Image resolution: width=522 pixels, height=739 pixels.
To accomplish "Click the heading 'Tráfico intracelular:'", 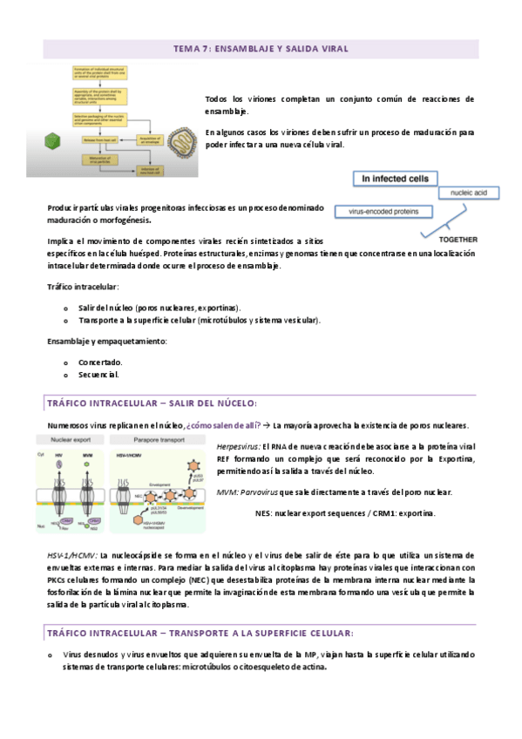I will pyautogui.click(x=83, y=287).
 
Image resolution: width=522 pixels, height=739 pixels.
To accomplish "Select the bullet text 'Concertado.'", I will pyautogui.click(x=100, y=362).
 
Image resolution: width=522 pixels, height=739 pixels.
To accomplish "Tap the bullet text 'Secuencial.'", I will pyautogui.click(x=98, y=375).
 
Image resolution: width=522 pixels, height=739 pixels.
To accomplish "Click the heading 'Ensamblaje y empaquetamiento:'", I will pyautogui.click(x=106, y=341).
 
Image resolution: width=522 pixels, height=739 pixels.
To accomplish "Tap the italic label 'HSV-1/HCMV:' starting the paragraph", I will pyautogui.click(x=72, y=555).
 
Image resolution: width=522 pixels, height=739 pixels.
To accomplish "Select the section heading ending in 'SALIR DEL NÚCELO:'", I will pyautogui.click(x=152, y=403).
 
